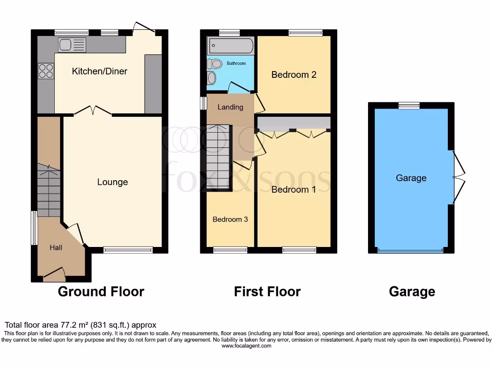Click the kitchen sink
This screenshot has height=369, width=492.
(72, 45)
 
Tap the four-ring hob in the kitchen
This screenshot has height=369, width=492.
(46, 71)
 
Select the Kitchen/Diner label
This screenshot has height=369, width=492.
(99, 72)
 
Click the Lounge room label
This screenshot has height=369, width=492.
(112, 182)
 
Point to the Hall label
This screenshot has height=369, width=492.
(56, 248)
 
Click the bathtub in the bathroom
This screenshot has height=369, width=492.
(230, 47)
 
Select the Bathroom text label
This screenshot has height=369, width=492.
(236, 63)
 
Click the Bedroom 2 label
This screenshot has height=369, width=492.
(294, 74)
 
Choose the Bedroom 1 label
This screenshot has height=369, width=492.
(294, 189)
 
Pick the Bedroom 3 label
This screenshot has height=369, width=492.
(230, 219)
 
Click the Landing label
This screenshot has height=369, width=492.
(230, 107)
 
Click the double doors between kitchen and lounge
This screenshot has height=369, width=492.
(93, 111)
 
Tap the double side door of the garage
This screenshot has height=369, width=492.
(459, 178)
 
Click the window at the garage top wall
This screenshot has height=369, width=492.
(408, 105)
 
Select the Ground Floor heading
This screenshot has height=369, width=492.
(101, 291)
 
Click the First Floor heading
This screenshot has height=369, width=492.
(267, 291)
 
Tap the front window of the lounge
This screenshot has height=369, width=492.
(128, 249)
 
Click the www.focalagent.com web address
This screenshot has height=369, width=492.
(246, 346)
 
